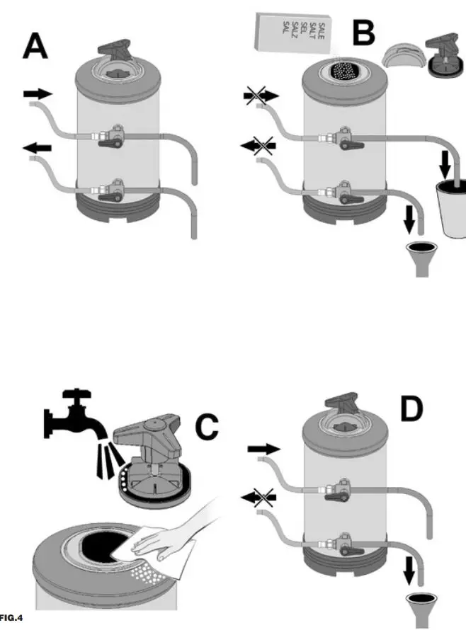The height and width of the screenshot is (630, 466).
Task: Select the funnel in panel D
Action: click(422, 607)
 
